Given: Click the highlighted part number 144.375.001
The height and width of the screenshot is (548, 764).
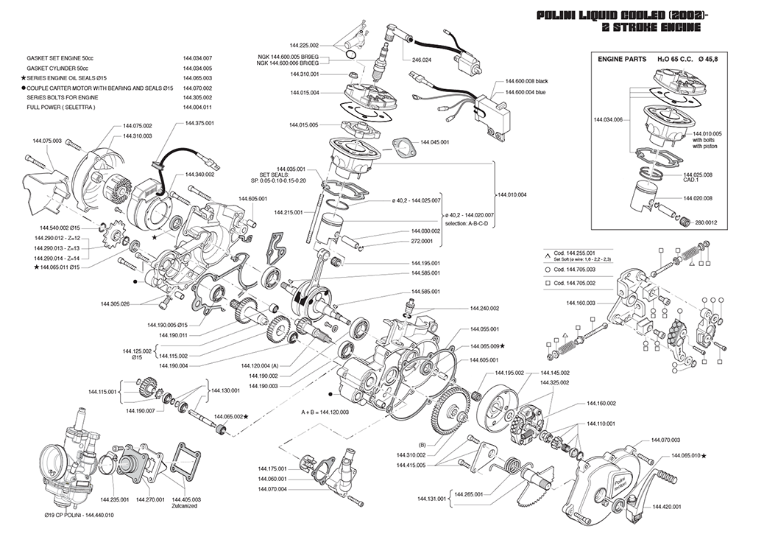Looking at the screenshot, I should pos(199,124).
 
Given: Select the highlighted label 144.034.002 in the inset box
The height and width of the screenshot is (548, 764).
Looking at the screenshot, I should pos(608,118).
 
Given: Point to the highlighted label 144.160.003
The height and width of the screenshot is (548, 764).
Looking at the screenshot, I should pos(581,303).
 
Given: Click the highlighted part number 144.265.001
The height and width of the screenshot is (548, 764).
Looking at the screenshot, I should pos(469,495).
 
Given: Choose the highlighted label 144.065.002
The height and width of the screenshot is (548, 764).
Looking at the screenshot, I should pos(227,416).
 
